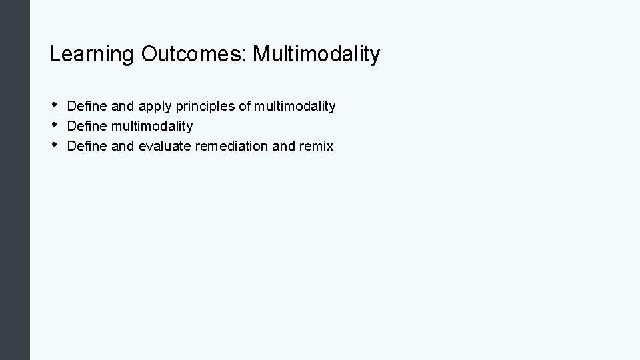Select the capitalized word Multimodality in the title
317,54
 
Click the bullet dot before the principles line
53,105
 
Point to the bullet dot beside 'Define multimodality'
53,125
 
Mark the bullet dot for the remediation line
53,145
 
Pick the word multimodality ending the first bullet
294,107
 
